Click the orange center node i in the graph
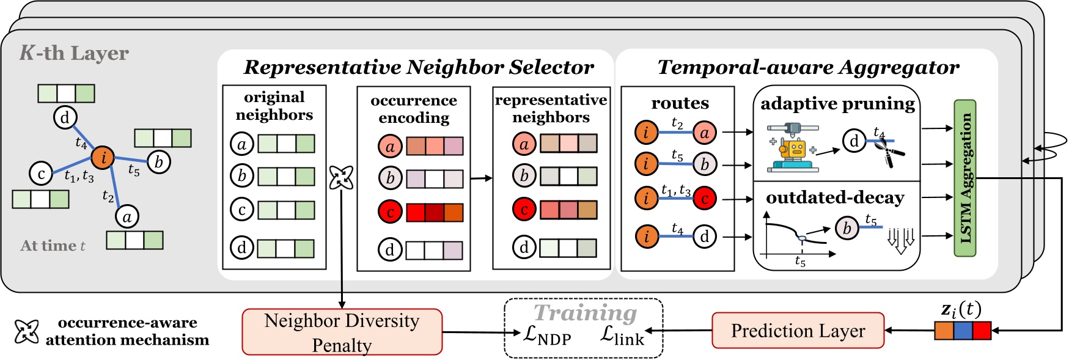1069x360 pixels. [x=103, y=157]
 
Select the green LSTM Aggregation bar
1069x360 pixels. [x=965, y=178]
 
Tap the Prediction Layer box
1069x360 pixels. [x=798, y=331]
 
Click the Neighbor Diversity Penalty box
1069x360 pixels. [x=342, y=332]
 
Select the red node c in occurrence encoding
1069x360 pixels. [x=389, y=211]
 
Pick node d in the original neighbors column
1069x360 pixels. [x=241, y=248]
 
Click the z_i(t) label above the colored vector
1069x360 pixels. [x=961, y=310]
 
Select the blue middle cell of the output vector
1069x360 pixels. [x=963, y=331]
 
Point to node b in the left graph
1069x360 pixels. [x=159, y=162]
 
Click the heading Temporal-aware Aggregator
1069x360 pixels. [x=808, y=67]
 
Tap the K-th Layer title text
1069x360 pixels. [x=74, y=53]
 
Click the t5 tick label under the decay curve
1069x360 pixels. [x=800, y=262]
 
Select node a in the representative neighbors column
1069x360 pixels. [x=524, y=144]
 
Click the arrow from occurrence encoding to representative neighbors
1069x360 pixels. [x=481, y=178]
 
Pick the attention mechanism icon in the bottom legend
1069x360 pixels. [x=26, y=331]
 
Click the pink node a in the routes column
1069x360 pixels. [x=704, y=132]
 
